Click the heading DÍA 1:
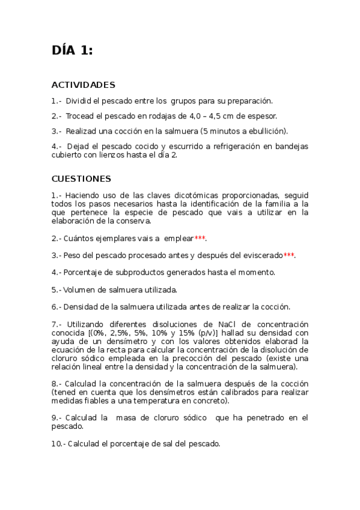(x=72, y=51)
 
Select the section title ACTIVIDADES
(x=83, y=85)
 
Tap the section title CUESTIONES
(x=81, y=179)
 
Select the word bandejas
(x=291, y=146)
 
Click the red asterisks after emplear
(x=200, y=238)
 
